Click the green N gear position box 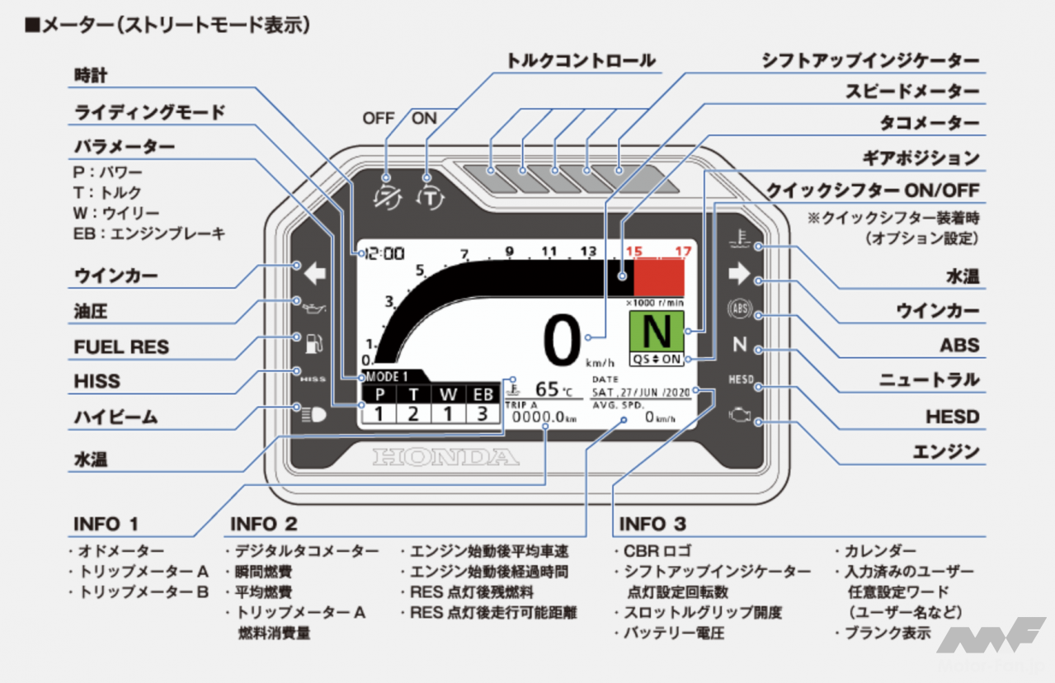pos(657,332)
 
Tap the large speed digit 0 pos(563,341)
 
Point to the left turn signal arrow pos(314,274)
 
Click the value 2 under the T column pos(413,414)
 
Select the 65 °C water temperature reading pos(551,389)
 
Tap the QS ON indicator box pos(657,359)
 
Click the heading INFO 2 pos(263,524)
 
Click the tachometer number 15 pos(634,251)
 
